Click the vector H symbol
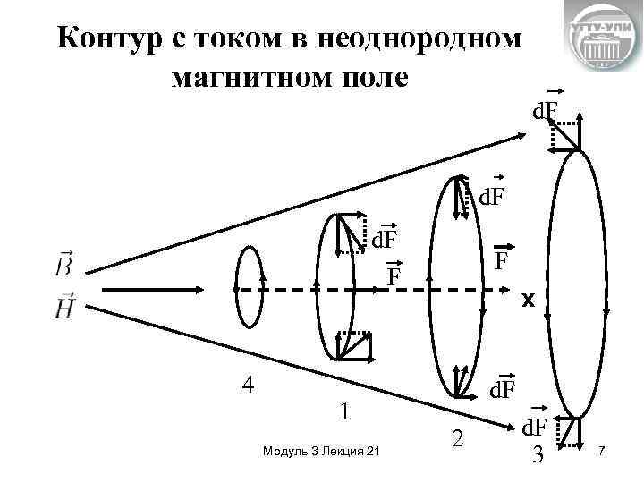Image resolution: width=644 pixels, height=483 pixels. tap(64, 308)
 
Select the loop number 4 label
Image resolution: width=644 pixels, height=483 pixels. tap(250, 385)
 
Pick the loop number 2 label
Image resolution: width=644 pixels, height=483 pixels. tap(458, 438)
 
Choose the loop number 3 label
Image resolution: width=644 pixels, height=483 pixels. tap(538, 455)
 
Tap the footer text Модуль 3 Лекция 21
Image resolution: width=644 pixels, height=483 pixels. tap(321, 453)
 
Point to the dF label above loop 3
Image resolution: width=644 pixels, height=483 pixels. tap(547, 111)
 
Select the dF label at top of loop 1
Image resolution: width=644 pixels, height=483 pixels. tap(386, 239)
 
